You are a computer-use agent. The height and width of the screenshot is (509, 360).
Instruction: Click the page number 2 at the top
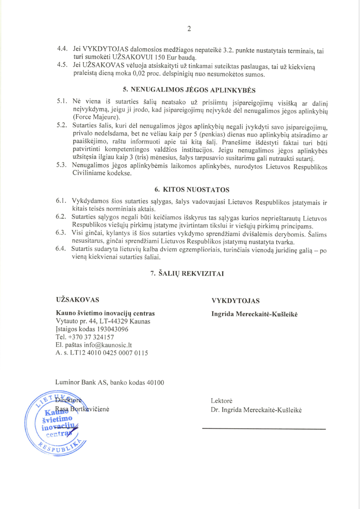(x=189, y=28)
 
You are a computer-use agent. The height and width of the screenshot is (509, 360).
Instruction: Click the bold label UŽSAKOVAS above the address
(x=78, y=299)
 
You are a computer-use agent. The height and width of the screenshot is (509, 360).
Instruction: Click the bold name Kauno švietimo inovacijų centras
(x=105, y=313)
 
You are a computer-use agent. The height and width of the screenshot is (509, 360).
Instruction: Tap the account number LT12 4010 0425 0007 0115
(x=108, y=353)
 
